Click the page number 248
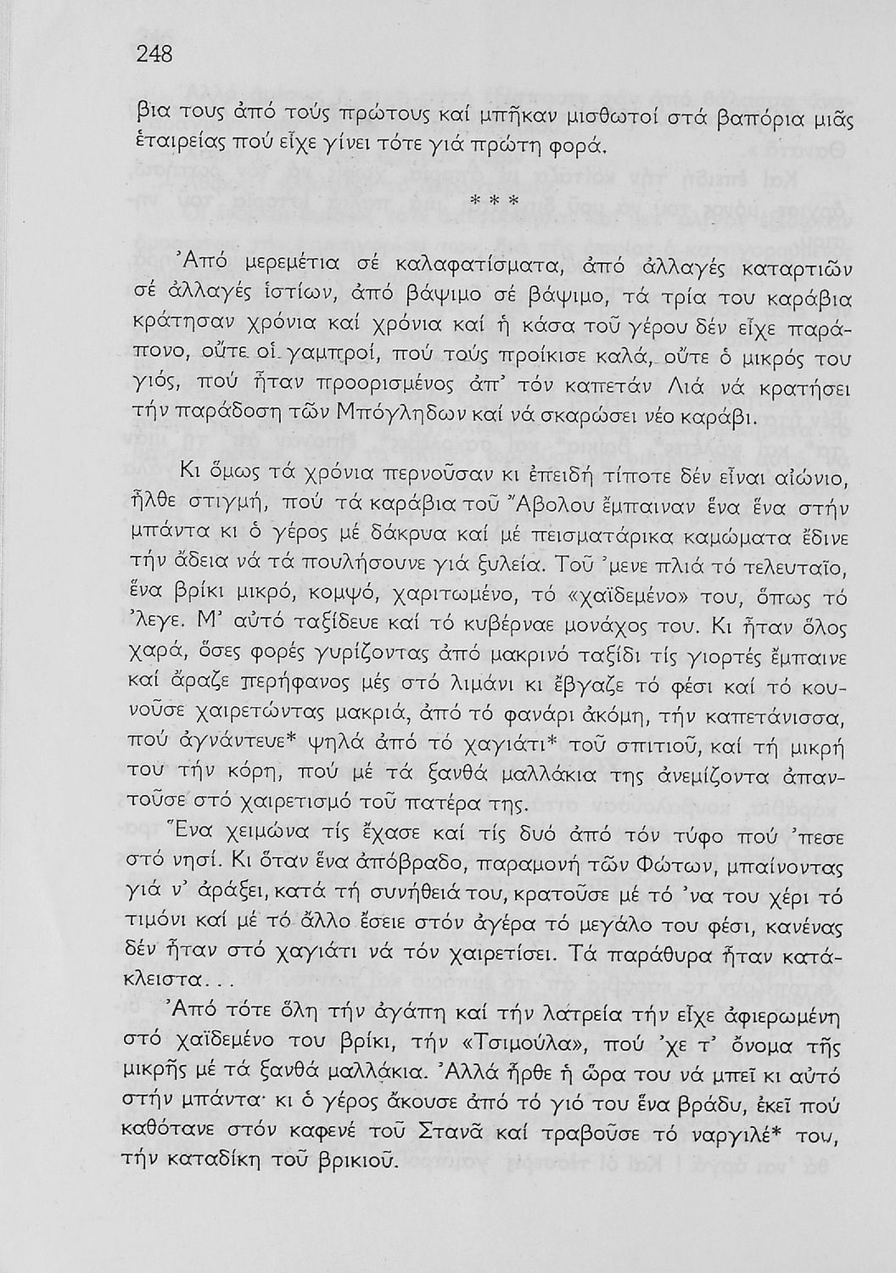pyautogui.click(x=154, y=55)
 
